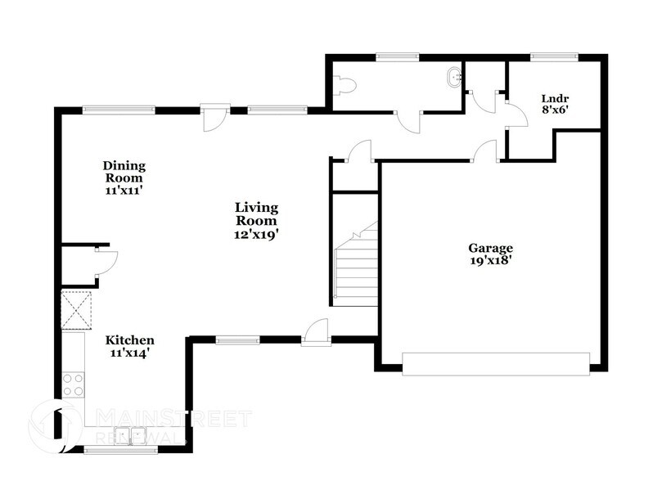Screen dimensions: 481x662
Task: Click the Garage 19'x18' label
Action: coord(490,254)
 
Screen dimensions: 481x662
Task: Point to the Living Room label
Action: coord(257,220)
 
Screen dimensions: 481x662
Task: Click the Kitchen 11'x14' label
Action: coord(129,346)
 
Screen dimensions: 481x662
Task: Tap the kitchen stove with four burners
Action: coord(73,384)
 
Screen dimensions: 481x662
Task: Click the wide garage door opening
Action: coord(496,363)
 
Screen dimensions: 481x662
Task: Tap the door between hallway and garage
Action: coord(486,151)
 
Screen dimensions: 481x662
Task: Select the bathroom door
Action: coord(408,121)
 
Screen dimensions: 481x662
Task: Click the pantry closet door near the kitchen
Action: coord(107,261)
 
